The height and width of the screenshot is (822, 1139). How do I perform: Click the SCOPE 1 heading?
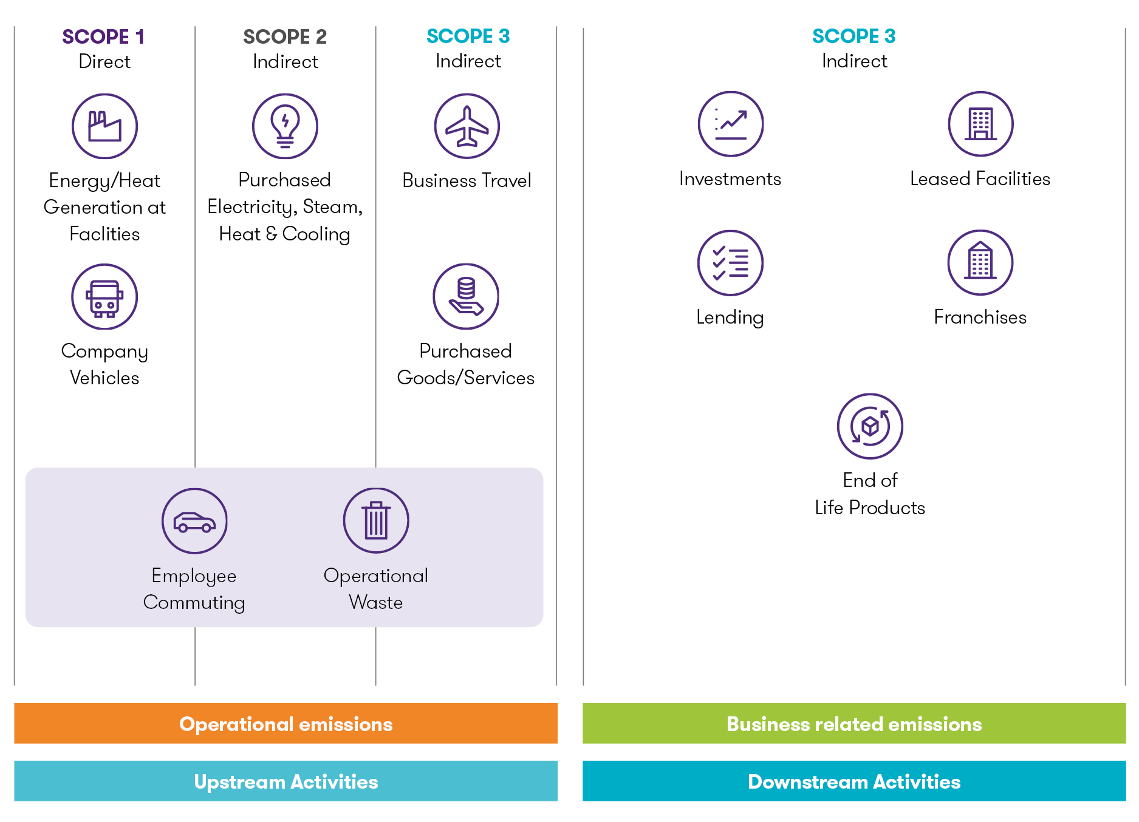103,36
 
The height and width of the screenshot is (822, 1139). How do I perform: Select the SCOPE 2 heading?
285,36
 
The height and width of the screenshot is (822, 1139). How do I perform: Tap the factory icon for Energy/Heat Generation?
104,126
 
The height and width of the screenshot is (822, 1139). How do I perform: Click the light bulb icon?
285,126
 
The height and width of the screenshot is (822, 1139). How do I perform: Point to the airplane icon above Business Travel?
467,126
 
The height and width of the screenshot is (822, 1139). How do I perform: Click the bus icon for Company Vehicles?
104,297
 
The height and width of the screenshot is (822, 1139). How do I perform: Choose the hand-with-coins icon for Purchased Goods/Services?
466,296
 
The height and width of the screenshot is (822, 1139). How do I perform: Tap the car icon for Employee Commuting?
194,521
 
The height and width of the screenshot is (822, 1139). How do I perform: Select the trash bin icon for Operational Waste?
376,521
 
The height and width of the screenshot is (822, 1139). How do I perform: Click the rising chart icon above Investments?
730,124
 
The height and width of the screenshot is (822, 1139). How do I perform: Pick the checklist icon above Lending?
730,263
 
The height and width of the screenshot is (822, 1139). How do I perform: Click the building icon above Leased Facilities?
980,124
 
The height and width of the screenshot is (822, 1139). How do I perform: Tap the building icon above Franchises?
980,263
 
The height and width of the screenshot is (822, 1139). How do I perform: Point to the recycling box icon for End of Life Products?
870,426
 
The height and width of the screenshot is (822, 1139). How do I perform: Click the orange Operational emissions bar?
286,724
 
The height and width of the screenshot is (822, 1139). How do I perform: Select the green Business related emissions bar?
854,724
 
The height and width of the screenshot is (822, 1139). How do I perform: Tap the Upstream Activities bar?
286,781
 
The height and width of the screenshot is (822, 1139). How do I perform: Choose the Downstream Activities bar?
854,781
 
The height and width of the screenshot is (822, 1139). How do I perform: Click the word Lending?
730,317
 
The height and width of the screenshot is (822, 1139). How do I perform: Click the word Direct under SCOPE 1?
104,61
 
